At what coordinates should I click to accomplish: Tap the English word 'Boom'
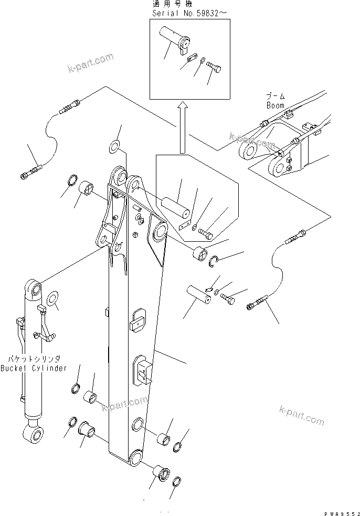tap(274, 105)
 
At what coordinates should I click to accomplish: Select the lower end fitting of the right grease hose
tap(257, 305)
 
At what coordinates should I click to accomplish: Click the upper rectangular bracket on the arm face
tap(139, 320)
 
